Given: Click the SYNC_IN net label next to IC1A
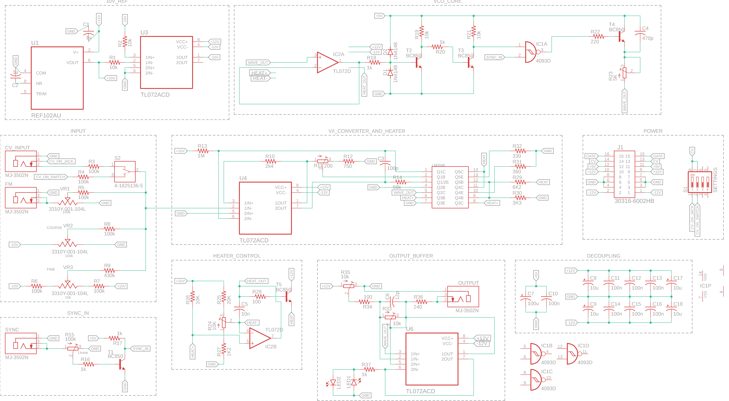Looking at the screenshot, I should (494, 57).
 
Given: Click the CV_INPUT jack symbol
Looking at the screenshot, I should (21, 161).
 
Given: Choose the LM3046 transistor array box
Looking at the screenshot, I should (450, 187).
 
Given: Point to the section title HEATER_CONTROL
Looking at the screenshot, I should (237, 256).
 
